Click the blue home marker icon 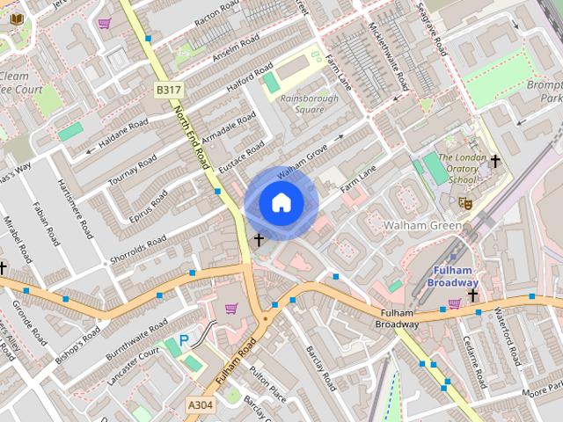[281, 203]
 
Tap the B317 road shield [168, 91]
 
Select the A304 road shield [200, 404]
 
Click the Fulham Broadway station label [453, 276]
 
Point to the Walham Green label [422, 226]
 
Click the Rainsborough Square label [309, 104]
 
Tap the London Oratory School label [456, 169]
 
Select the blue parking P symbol [184, 339]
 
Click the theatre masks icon [465, 203]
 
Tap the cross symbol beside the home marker [260, 239]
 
